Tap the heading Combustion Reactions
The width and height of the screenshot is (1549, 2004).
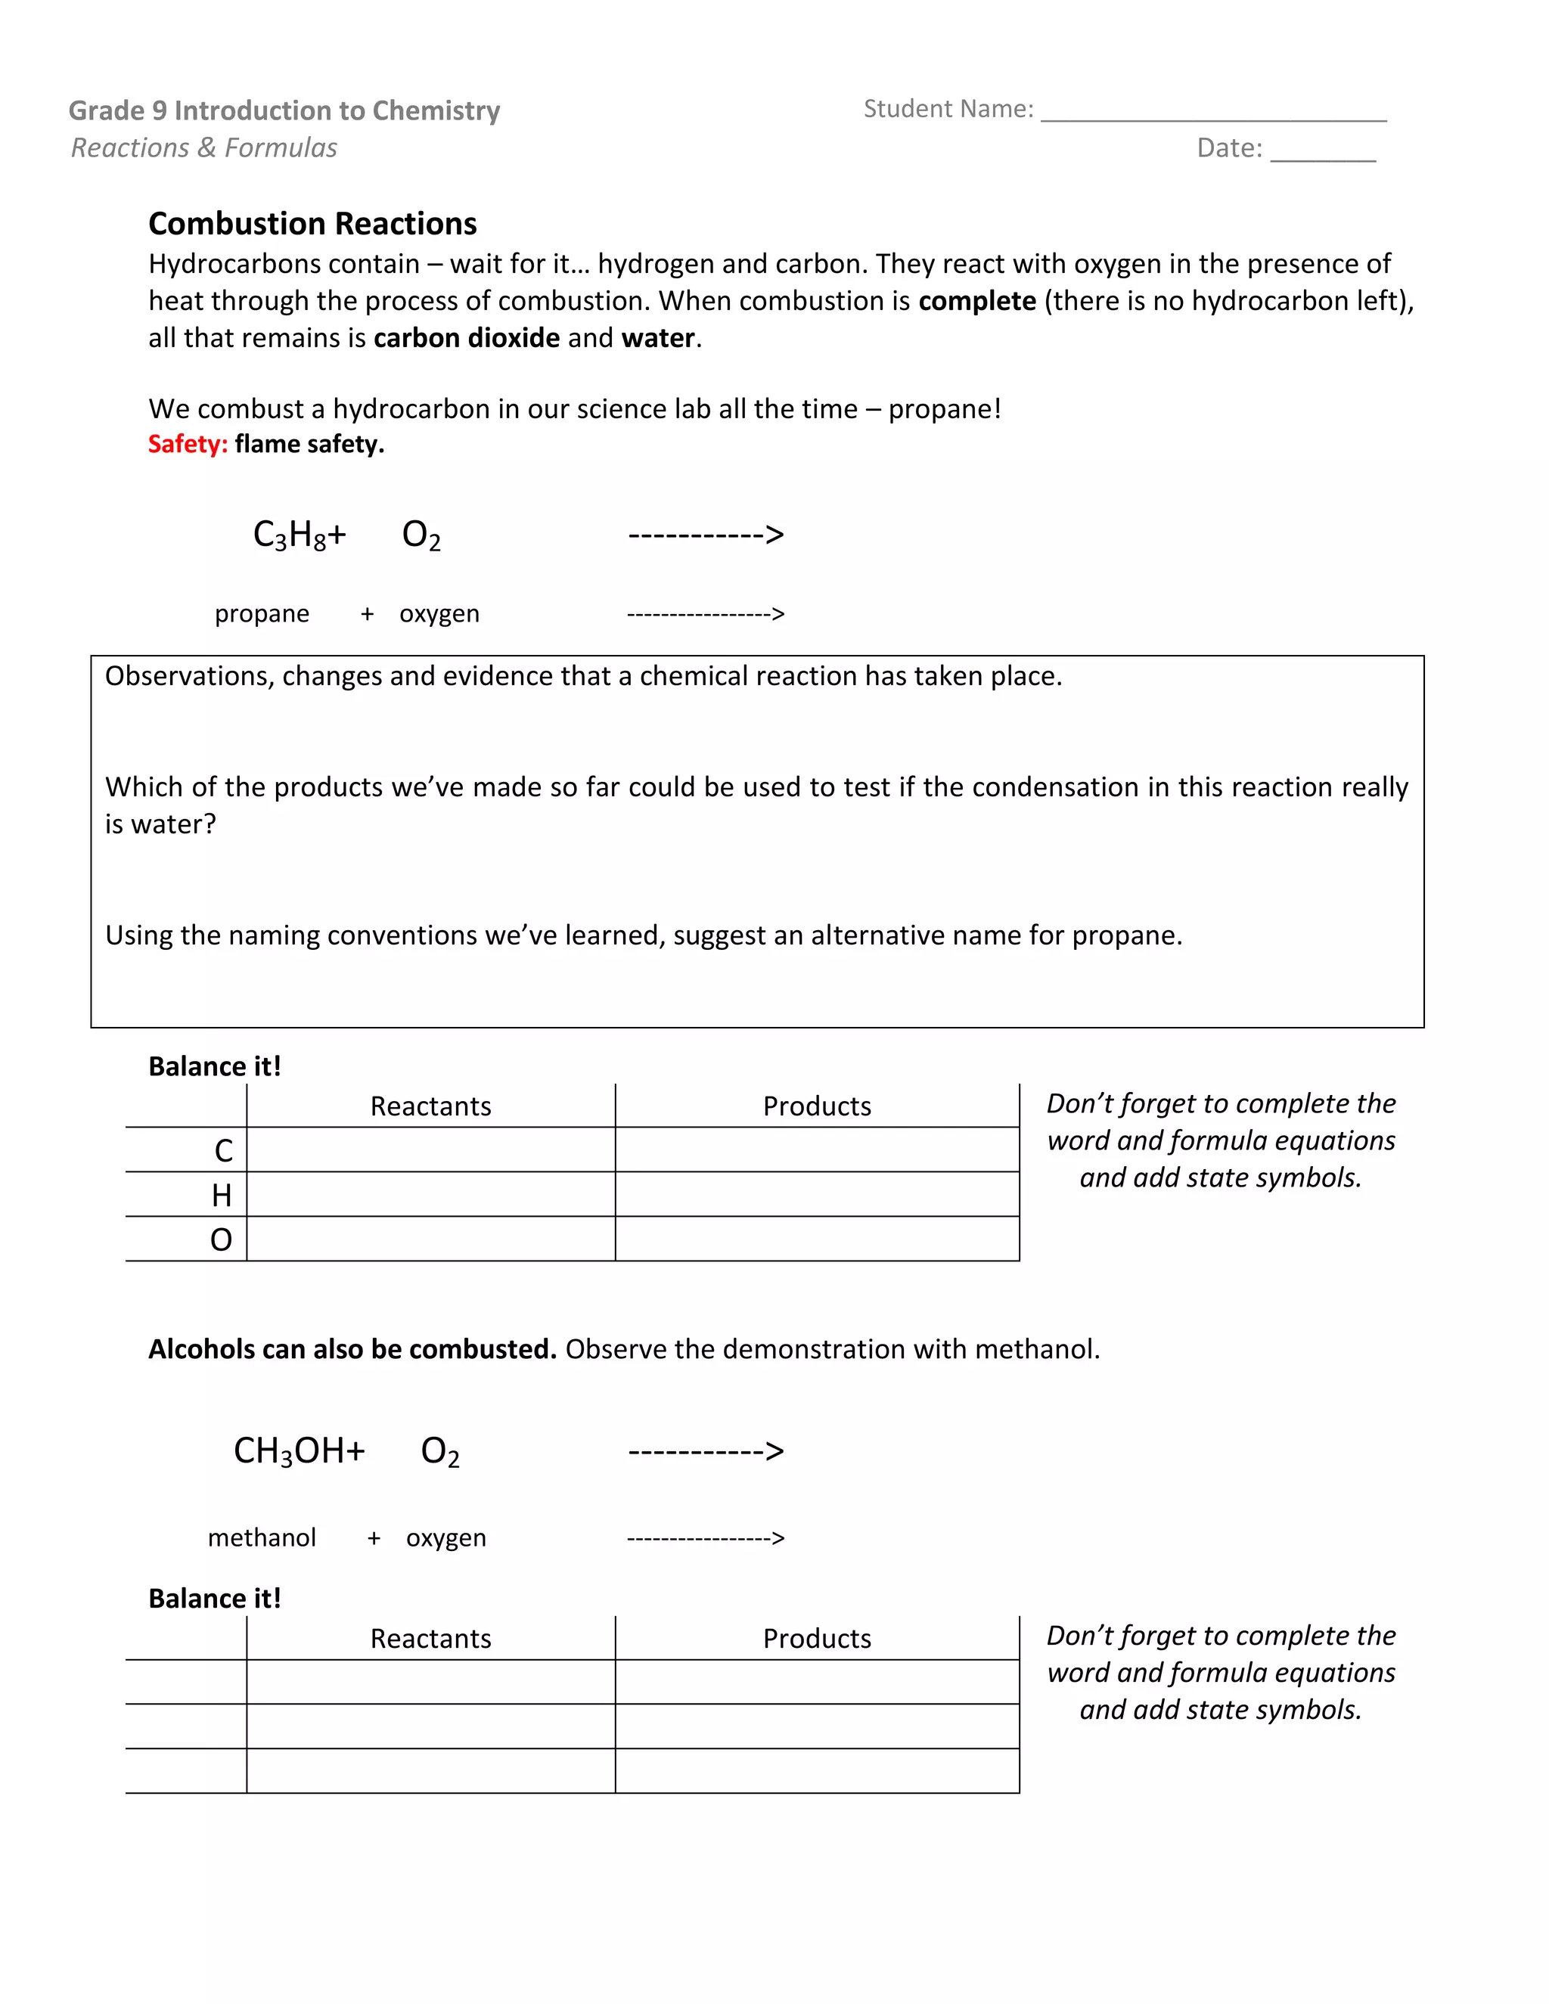[x=312, y=224]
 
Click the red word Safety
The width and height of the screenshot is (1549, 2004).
[x=188, y=444]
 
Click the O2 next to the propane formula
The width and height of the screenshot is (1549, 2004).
[x=421, y=535]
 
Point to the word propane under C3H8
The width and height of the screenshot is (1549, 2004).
[x=262, y=613]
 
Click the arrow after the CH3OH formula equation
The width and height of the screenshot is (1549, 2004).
[x=706, y=1450]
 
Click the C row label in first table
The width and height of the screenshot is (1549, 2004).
[x=223, y=1151]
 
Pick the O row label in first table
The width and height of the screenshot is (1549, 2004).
[x=221, y=1239]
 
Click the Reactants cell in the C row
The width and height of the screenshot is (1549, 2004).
[x=430, y=1149]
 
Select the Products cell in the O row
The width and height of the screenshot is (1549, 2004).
[x=817, y=1239]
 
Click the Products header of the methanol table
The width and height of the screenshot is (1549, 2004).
[x=817, y=1638]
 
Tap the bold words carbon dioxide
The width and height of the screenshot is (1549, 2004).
[x=466, y=338]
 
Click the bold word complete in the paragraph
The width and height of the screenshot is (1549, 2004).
[x=977, y=301]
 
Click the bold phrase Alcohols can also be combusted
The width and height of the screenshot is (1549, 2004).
[x=352, y=1349]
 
